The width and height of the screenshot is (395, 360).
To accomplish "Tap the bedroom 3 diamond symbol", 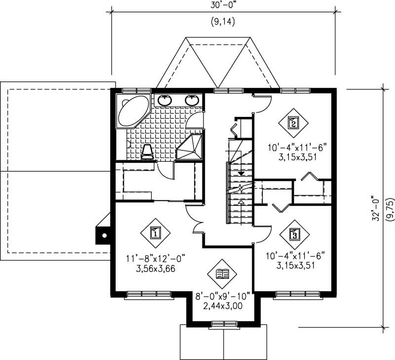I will pyautogui.click(x=295, y=234).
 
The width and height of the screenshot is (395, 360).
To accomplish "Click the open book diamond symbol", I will pyautogui.click(x=222, y=274).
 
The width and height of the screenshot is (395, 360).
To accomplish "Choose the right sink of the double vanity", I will pyautogui.click(x=192, y=100).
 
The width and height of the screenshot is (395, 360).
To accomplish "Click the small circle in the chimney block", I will pyautogui.click(x=104, y=236).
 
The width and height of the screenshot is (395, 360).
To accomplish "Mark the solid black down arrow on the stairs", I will pyautogui.click(x=241, y=173).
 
